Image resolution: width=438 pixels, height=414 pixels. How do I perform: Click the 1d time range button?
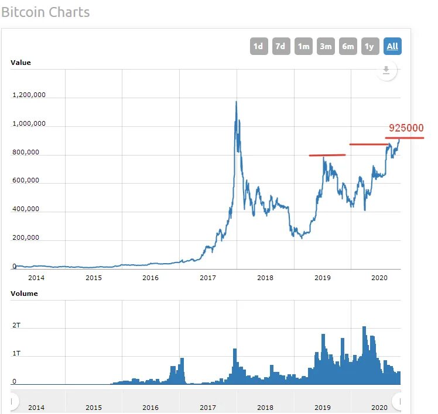(x=258, y=46)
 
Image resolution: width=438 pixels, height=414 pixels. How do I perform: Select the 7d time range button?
(x=281, y=46)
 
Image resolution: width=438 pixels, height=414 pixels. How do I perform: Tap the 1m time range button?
(x=303, y=46)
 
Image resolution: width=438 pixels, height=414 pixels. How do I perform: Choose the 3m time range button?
(x=326, y=46)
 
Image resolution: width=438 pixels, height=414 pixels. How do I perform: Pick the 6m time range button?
(x=348, y=46)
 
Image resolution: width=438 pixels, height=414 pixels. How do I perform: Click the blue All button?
(x=392, y=46)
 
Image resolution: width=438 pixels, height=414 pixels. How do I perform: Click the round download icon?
(x=386, y=71)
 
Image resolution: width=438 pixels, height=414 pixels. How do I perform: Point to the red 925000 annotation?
(x=406, y=128)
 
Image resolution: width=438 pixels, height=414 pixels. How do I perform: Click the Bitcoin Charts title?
(x=46, y=12)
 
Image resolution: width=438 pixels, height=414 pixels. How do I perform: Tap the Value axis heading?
(x=21, y=63)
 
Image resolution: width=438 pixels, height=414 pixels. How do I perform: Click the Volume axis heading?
(x=24, y=294)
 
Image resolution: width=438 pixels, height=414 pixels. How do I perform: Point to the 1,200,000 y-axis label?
(x=29, y=95)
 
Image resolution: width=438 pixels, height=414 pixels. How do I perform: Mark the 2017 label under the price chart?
(x=208, y=278)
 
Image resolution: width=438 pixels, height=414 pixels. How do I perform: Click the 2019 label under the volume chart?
(x=323, y=407)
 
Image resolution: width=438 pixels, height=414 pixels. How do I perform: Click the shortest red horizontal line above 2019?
(x=327, y=155)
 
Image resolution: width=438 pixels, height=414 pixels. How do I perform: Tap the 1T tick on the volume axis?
(x=16, y=353)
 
